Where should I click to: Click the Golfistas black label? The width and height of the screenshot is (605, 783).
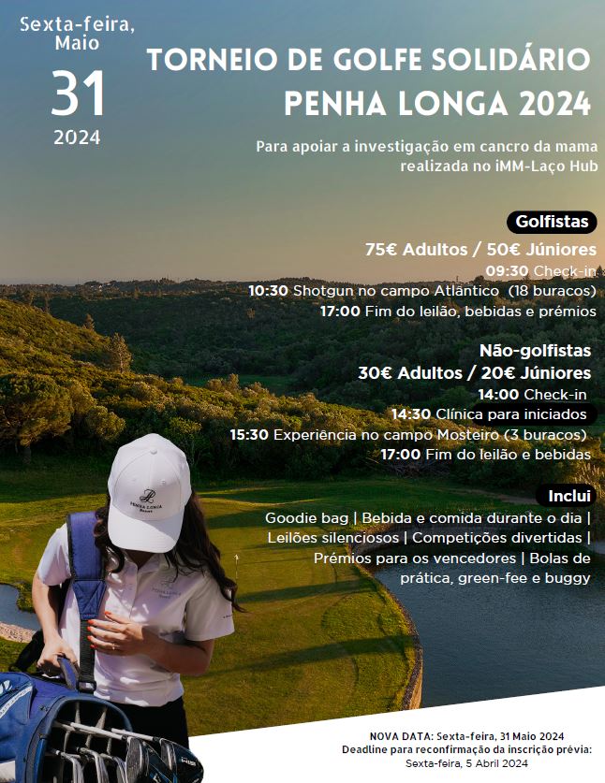click(552, 223)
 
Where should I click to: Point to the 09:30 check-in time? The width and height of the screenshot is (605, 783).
click(507, 271)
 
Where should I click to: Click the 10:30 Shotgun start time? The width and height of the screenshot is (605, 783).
click(268, 291)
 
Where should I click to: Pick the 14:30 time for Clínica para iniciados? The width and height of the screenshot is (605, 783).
click(410, 414)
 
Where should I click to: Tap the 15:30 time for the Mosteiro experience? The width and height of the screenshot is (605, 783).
click(249, 434)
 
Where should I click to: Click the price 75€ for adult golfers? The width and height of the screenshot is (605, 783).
click(381, 250)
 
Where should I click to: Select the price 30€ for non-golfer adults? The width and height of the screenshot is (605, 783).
click(375, 372)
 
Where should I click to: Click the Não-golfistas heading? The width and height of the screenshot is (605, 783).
click(535, 352)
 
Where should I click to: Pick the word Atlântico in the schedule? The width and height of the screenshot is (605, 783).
click(457, 291)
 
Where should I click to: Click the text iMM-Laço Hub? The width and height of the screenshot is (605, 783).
click(551, 165)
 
